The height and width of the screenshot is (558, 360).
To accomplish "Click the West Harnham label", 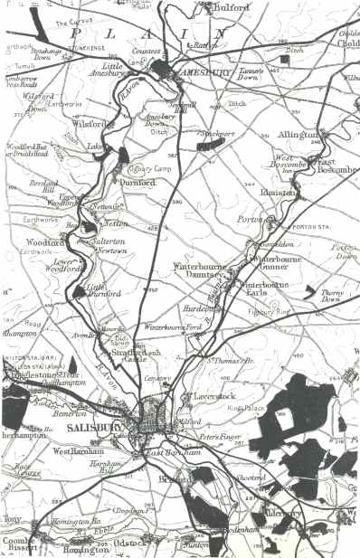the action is [x=75, y=449].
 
